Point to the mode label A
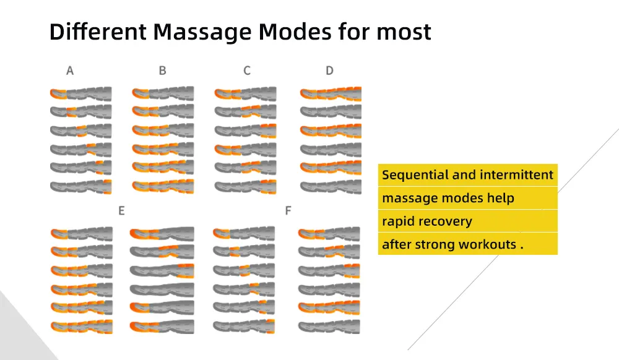tap(70, 71)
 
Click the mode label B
tap(162, 71)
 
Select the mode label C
tap(246, 71)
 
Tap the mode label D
tap(329, 71)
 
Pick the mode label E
tap(121, 211)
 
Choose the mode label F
tap(288, 211)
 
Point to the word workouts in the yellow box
tap(487, 244)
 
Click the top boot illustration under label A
tap(80, 94)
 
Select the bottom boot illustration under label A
tap(80, 186)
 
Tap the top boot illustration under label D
tap(331, 94)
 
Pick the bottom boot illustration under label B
tap(163, 186)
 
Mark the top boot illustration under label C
tap(245, 94)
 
